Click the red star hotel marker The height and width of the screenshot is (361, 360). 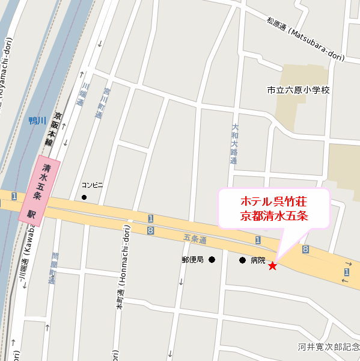coord(272,265)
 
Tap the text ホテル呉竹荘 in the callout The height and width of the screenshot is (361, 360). coord(273,201)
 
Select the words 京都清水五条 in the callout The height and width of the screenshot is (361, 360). coord(273,216)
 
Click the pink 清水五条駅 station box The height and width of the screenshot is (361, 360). coord(40,190)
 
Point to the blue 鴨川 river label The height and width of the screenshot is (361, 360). coord(37,121)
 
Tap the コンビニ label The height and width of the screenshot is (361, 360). coord(93,185)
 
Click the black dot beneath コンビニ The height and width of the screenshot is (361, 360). coord(84,197)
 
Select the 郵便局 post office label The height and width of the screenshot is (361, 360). coord(193,261)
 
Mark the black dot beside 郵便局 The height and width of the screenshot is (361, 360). coord(212,261)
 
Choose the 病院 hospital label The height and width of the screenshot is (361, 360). coord(258,261)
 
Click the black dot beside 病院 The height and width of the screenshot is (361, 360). coord(242,261)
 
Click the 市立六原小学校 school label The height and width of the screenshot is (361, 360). coord(299,90)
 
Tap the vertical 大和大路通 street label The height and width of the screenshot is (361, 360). coord(234,144)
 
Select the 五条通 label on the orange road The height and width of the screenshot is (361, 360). coord(195,239)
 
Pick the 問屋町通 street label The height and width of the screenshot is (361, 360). coord(53,268)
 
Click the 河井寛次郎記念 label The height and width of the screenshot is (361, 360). coord(328,347)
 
